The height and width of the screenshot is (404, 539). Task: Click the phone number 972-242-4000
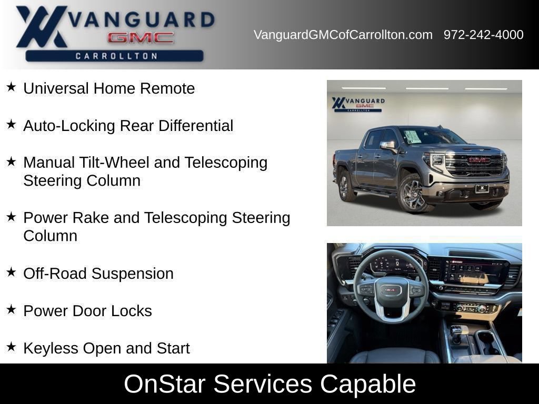pos(483,35)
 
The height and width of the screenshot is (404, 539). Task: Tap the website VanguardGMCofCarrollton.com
pos(343,35)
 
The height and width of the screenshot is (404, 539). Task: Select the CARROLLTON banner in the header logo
pos(114,56)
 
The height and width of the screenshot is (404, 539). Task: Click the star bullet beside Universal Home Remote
pos(12,87)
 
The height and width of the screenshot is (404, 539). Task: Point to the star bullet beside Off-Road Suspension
pos(12,272)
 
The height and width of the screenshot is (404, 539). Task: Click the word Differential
pos(196,125)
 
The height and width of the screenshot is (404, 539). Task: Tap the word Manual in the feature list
pos(49,163)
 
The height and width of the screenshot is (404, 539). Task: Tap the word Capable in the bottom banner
pos(368,384)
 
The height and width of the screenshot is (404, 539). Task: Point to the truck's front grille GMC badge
pos(480,160)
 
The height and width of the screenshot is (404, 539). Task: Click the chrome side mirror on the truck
pos(388,146)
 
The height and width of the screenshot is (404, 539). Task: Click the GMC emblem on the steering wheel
pos(391,290)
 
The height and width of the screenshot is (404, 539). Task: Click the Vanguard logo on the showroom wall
pos(358,104)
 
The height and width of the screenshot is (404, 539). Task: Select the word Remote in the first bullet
pos(167,88)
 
